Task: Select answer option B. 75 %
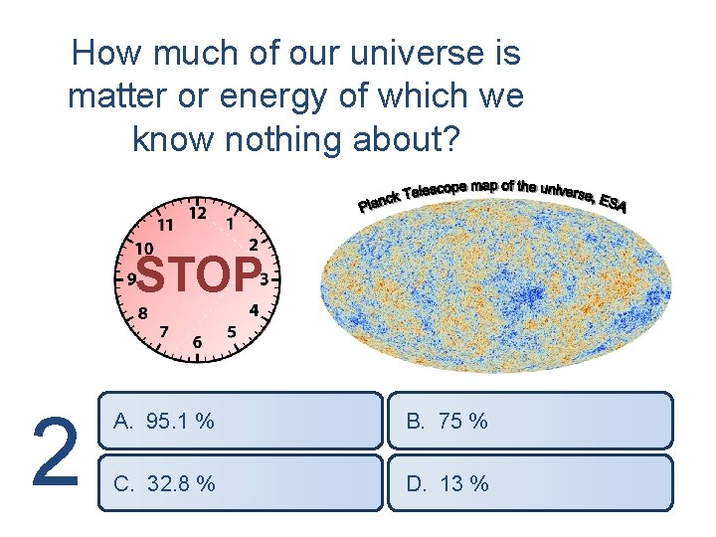(x=529, y=421)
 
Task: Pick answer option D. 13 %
(x=529, y=483)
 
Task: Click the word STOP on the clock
(x=199, y=276)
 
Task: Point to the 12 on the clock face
(x=198, y=212)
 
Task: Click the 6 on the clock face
(x=197, y=342)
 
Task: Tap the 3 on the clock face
(x=265, y=278)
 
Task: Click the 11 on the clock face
(x=165, y=223)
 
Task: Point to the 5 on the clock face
(x=232, y=331)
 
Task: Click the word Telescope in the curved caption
(x=441, y=189)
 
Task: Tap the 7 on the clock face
(x=164, y=330)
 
